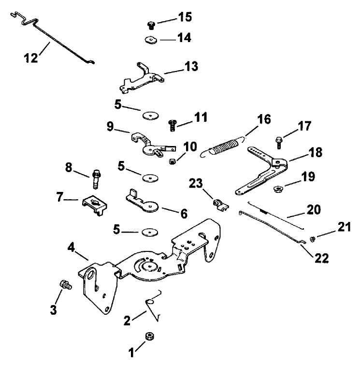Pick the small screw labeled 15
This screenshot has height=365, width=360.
[150, 25]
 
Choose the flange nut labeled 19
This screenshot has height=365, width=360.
[278, 188]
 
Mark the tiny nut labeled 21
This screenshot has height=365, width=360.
[312, 238]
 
